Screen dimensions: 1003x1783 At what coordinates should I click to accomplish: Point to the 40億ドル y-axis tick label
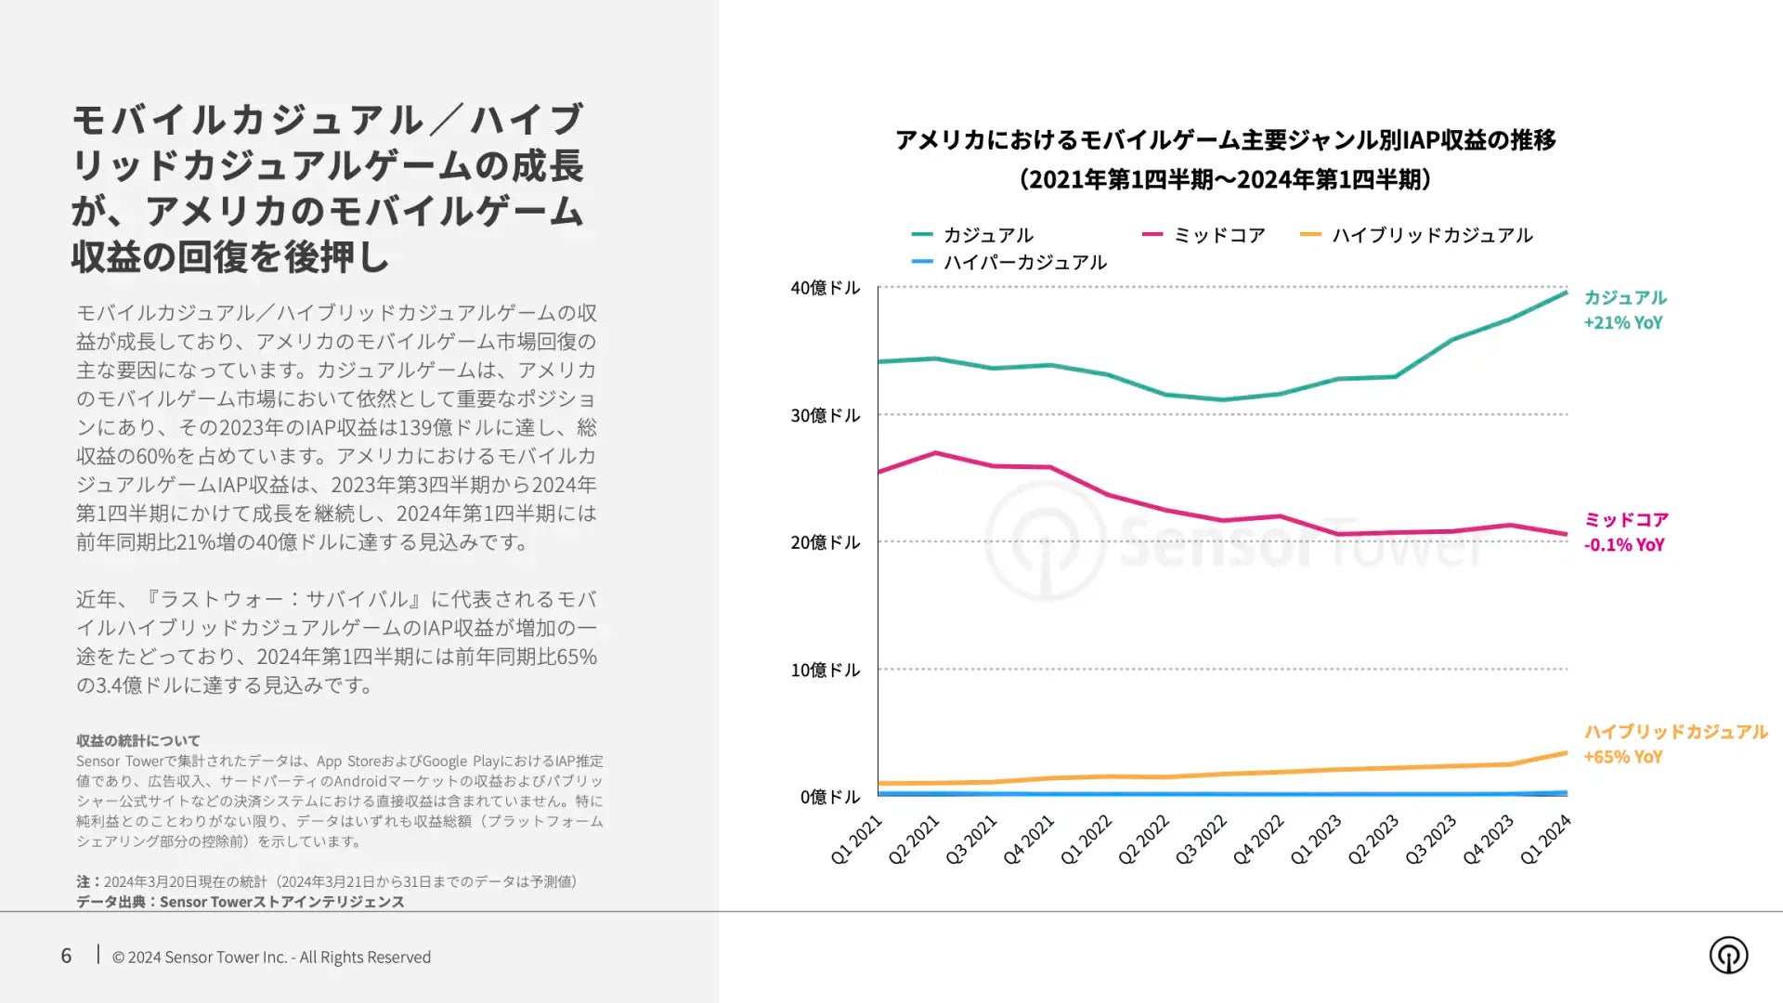(825, 288)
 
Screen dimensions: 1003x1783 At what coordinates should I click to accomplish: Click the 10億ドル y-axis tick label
(825, 670)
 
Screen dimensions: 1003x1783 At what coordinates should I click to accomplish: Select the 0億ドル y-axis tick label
(829, 797)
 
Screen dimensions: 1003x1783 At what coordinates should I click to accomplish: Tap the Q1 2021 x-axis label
(856, 840)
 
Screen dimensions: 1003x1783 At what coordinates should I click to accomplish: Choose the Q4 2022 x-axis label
(1258, 840)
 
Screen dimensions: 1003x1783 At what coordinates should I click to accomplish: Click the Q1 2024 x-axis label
(1545, 840)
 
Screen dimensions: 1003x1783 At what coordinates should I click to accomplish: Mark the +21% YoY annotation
(1622, 322)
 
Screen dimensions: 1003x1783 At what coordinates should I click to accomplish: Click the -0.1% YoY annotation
(1623, 544)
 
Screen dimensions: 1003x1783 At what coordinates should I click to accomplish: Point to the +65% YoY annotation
(1622, 756)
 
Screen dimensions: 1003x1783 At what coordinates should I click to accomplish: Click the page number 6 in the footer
(66, 956)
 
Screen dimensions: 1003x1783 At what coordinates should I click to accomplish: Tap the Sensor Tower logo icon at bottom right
(1728, 955)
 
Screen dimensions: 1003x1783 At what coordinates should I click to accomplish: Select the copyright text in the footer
(271, 957)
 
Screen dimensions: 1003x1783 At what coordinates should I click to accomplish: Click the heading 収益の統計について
(138, 740)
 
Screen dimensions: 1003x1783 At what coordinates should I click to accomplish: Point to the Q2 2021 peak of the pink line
(936, 453)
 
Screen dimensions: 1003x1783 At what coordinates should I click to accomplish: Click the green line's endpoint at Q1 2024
(1566, 293)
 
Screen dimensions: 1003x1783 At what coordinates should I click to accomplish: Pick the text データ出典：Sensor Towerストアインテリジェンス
(240, 901)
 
